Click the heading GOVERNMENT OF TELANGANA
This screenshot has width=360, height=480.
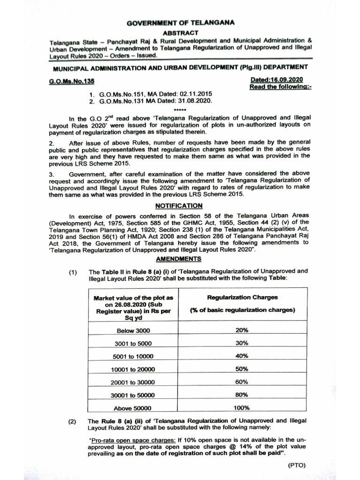tap(180, 22)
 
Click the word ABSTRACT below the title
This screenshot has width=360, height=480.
tap(180, 32)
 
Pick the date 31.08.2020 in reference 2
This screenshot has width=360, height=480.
tap(188, 101)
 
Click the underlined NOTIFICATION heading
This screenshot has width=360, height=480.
tap(180, 205)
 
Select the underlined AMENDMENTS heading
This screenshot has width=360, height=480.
tap(179, 259)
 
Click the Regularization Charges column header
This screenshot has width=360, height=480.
tap(242, 297)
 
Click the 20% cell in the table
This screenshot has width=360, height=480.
tap(242, 330)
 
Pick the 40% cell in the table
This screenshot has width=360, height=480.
tap(242, 356)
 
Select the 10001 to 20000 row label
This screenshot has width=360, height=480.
tap(134, 369)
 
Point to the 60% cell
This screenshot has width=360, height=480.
tap(242, 382)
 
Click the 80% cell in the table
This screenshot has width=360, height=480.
tap(242, 394)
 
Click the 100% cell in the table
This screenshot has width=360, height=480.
tap(242, 407)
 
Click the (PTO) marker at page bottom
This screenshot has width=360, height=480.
tap(296, 465)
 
